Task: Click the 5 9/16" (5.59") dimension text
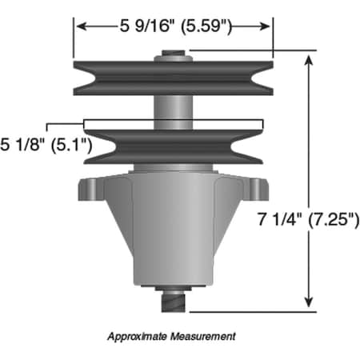tap(174, 27)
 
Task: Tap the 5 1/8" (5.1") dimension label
tap(46, 145)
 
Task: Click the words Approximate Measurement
tap(172, 337)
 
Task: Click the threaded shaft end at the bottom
tap(174, 302)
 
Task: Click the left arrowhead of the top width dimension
tap(79, 27)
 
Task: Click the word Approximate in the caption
tap(138, 337)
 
